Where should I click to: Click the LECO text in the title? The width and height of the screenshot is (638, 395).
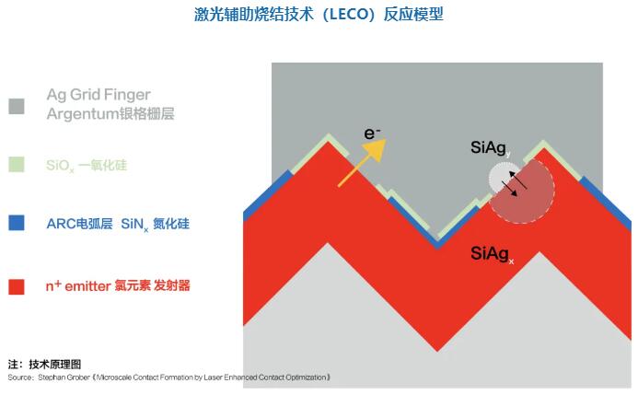pyautogui.click(x=350, y=15)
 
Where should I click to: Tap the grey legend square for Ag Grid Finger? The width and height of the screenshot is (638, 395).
pyautogui.click(x=17, y=106)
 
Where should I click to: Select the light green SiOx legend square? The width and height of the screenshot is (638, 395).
pyautogui.click(x=17, y=165)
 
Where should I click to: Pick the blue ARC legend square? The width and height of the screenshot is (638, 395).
pyautogui.click(x=17, y=223)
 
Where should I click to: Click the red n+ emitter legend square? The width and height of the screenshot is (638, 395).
pyautogui.click(x=17, y=286)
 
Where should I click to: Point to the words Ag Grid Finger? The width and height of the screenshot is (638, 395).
pyautogui.click(x=99, y=95)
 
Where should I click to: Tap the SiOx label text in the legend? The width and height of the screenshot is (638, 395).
pyautogui.click(x=60, y=166)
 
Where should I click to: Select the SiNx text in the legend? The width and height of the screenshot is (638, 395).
pyautogui.click(x=134, y=224)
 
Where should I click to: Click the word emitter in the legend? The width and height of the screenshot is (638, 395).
pyautogui.click(x=87, y=286)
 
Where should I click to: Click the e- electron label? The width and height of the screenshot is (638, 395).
pyautogui.click(x=372, y=134)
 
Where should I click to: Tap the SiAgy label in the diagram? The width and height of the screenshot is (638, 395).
pyautogui.click(x=491, y=148)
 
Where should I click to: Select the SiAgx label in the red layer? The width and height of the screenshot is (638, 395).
pyautogui.click(x=492, y=254)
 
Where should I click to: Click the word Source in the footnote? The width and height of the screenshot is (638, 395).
pyautogui.click(x=20, y=378)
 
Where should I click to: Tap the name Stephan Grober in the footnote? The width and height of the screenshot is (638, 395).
pyautogui.click(x=64, y=378)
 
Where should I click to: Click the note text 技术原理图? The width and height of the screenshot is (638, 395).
pyautogui.click(x=55, y=364)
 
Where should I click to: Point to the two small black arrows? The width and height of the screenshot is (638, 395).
pyautogui.click(x=514, y=184)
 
